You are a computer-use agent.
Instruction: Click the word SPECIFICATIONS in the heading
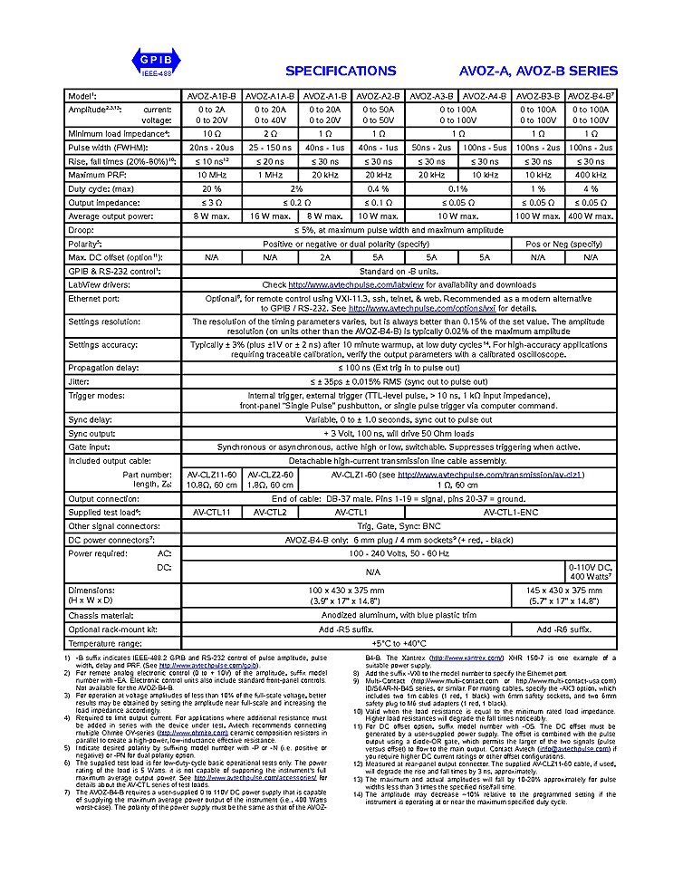[x=341, y=71]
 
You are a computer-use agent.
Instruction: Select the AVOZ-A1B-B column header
[x=212, y=95]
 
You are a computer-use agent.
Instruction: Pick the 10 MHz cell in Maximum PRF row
[x=212, y=174]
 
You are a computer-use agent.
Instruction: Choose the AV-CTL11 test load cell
[x=212, y=512]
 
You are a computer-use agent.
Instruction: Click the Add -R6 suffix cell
[x=563, y=629]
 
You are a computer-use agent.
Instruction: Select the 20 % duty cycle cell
[x=212, y=187]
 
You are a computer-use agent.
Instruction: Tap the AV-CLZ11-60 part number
[x=212, y=474]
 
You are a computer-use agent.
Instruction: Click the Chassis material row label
[x=102, y=615]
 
